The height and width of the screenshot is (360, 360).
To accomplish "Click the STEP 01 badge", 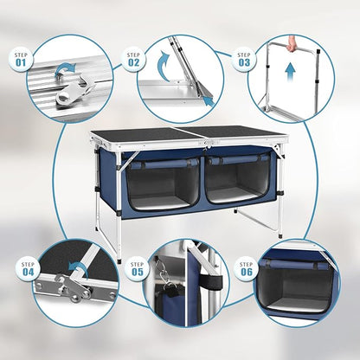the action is (x=21, y=60).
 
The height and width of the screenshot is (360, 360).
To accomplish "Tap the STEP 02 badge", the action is (x=133, y=60).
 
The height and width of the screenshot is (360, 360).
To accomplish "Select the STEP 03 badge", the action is (x=244, y=60).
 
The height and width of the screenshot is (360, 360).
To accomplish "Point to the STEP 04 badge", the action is (x=28, y=269).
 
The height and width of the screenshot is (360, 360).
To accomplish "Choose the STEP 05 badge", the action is (x=138, y=269).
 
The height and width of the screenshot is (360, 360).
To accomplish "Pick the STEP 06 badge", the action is (x=246, y=269).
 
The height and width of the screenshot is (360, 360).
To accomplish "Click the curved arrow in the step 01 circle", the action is (x=65, y=70).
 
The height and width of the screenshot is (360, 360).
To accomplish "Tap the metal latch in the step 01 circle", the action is (x=74, y=91).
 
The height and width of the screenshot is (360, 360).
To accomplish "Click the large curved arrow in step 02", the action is (x=164, y=67).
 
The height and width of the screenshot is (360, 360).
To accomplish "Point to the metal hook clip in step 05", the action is (x=163, y=275).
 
